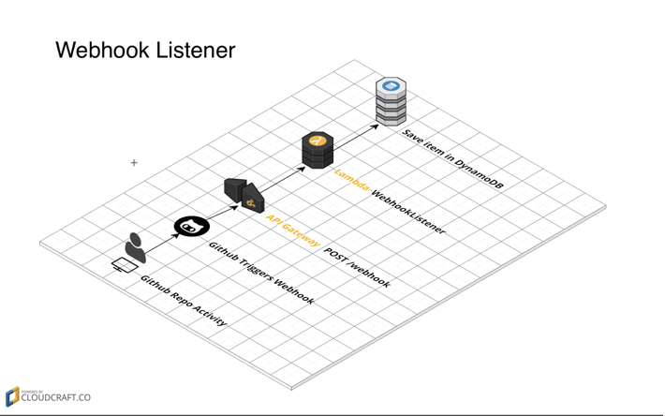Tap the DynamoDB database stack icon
(392, 101)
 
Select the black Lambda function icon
(318, 149)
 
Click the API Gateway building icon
(244, 194)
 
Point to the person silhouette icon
(137, 248)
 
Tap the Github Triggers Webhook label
(260, 275)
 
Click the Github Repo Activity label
(183, 301)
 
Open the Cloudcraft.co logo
(49, 396)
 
